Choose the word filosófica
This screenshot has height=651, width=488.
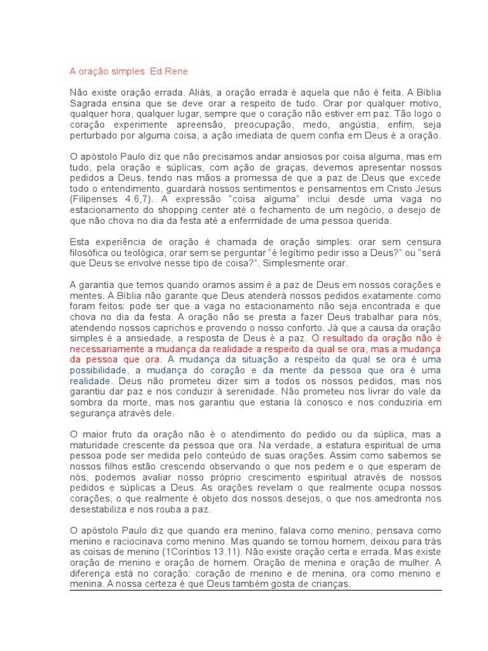(x=90, y=252)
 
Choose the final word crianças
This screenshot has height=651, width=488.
(x=327, y=583)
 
